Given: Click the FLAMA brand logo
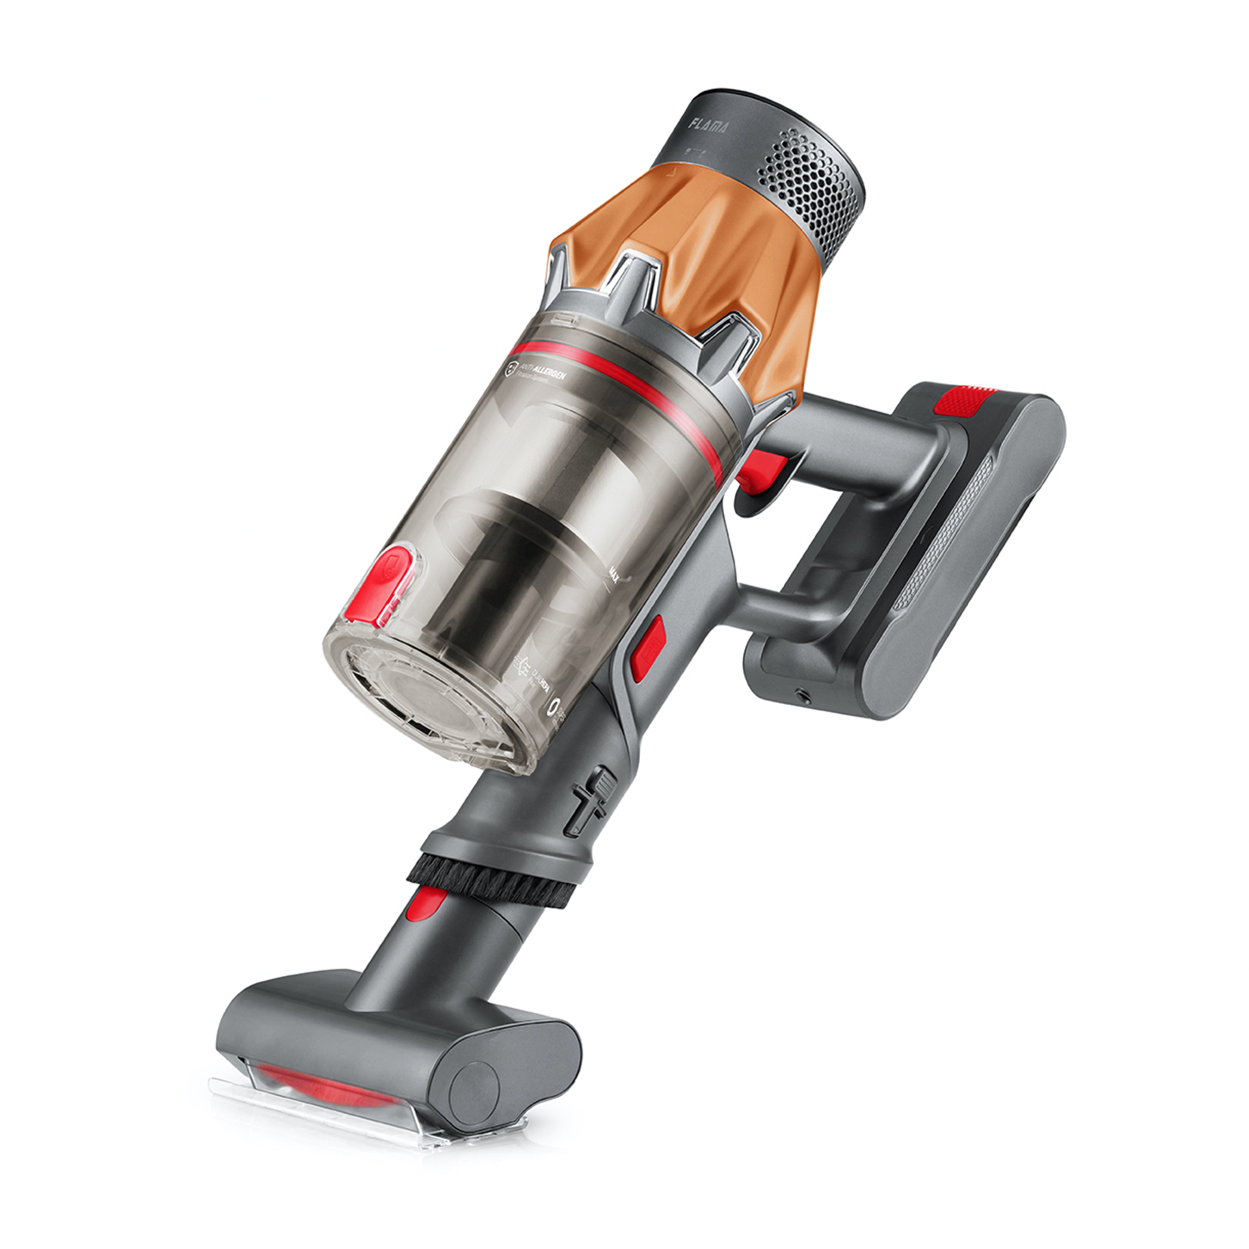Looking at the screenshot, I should (x=708, y=125).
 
